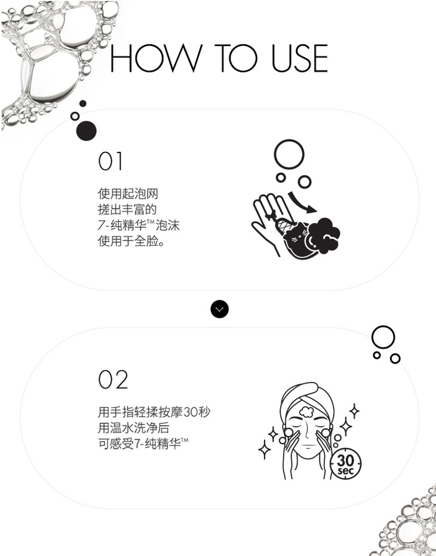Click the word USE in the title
300,58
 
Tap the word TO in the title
235,58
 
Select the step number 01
110,161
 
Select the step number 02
113,380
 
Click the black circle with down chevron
220,309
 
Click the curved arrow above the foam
302,203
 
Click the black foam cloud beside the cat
324,236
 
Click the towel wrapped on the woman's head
307,399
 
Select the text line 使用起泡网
128,194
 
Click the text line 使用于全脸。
131,241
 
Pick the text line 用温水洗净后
134,427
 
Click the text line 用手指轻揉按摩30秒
154,412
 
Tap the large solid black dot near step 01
87,130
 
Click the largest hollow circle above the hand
289,155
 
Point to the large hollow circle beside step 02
383,337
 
